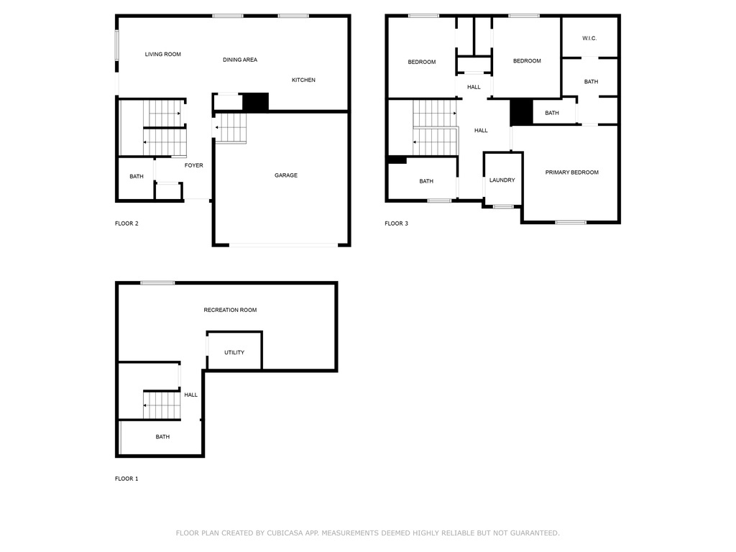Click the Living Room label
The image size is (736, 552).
tap(162, 54)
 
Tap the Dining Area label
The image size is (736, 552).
tap(240, 60)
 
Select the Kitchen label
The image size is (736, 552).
tap(303, 80)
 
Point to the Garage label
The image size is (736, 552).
tap(285, 175)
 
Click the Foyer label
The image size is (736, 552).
tap(193, 165)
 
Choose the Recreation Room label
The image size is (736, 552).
tap(230, 310)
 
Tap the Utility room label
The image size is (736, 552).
tap(234, 352)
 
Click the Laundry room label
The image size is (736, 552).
tap(502, 180)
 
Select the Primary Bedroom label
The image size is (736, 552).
tap(571, 172)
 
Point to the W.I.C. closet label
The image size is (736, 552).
tap(589, 38)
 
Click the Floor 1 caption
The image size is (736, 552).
tap(126, 479)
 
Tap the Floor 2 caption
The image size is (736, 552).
tap(126, 224)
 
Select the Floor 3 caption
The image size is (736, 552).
tap(396, 224)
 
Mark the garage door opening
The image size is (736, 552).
tap(282, 246)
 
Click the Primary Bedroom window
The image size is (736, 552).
tap(571, 222)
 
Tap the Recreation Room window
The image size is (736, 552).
tap(157, 282)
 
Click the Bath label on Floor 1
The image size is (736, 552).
tap(162, 436)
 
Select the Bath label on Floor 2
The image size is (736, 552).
tap(136, 177)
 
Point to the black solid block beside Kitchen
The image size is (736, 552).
tap(255, 102)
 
